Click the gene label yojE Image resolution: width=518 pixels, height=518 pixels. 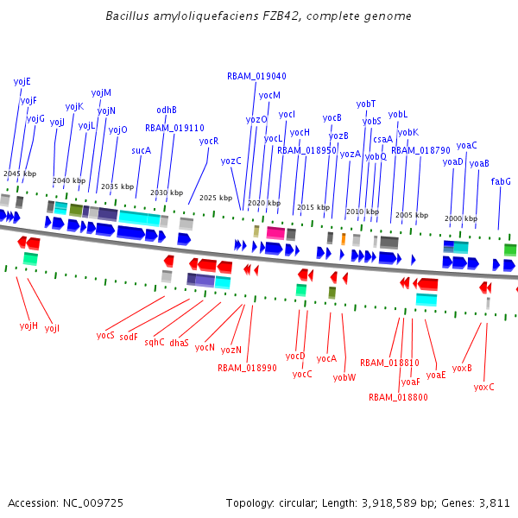(x=22, y=81)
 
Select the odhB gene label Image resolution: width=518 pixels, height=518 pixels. (x=167, y=110)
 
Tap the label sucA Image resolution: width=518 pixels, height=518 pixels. (x=141, y=150)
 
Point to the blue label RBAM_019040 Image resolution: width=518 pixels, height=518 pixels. (x=256, y=76)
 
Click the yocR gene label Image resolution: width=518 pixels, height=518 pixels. (x=209, y=141)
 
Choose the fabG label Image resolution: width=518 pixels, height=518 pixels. (x=501, y=181)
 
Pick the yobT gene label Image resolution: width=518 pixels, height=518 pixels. (x=366, y=104)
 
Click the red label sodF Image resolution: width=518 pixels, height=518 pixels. (x=129, y=337)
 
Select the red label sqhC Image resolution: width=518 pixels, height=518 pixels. (x=155, y=342)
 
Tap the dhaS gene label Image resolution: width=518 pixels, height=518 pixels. (x=179, y=343)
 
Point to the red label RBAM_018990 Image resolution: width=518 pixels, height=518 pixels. (x=247, y=368)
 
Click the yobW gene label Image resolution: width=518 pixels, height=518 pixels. (x=344, y=377)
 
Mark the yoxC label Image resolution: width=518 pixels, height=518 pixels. (x=484, y=387)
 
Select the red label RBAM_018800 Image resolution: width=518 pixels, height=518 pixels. (x=398, y=398)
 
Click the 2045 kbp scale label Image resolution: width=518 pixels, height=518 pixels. (x=19, y=174)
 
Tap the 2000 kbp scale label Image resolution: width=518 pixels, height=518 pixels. (x=460, y=219)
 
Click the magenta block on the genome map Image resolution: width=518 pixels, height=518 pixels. (x=275, y=233)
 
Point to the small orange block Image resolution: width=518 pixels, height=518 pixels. (x=343, y=238)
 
